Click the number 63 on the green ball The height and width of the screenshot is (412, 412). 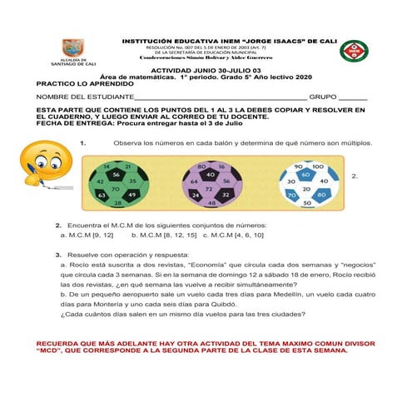[102, 195]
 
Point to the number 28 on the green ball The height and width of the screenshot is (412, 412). [118, 203]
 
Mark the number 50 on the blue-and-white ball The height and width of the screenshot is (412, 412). [306, 203]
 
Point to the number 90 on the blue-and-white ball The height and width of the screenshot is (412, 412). [297, 167]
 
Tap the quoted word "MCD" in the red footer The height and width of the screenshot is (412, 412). [50, 350]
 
